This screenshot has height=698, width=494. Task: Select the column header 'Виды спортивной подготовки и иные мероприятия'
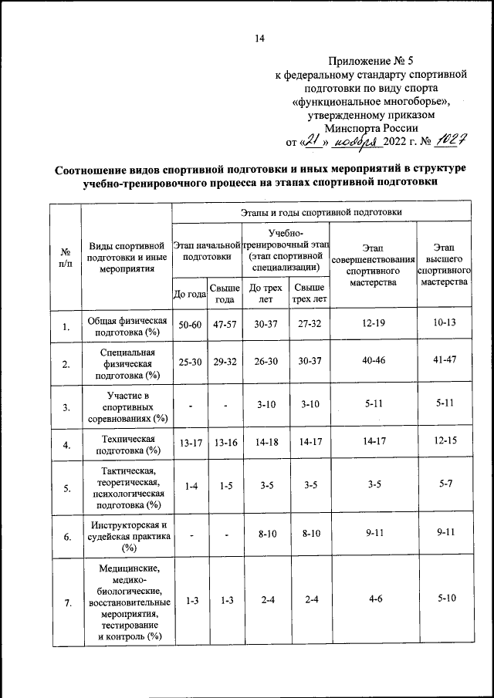point(127,257)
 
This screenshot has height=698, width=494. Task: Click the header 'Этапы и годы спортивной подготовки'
point(320,211)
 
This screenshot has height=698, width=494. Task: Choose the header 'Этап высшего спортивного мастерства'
point(443,265)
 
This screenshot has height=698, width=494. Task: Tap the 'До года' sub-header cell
point(189,294)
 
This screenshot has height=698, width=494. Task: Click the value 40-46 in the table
point(372,363)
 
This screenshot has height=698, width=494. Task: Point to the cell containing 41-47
point(443,363)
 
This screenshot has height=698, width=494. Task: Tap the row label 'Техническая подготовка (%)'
point(127,443)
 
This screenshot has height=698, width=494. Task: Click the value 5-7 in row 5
point(443,487)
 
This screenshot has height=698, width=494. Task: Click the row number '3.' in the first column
point(66,407)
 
